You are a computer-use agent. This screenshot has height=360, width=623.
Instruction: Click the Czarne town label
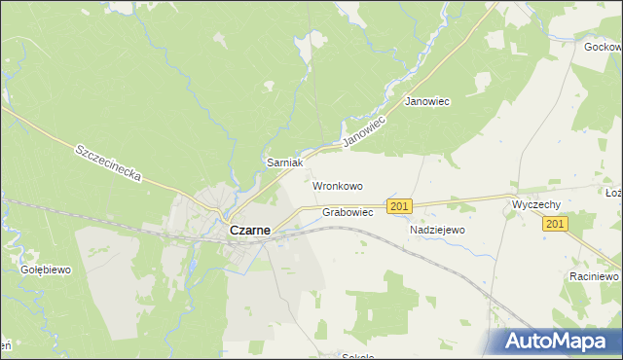point(256,232)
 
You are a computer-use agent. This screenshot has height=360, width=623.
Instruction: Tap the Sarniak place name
point(286,163)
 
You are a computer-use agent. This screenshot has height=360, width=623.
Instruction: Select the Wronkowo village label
point(337,185)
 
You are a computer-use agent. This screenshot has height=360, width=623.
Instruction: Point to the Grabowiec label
point(348,212)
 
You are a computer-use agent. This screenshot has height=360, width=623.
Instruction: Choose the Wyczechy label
point(535,205)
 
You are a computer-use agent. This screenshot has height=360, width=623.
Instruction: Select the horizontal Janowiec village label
point(426,102)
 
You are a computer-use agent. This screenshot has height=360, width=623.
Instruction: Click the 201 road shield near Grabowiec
point(399,206)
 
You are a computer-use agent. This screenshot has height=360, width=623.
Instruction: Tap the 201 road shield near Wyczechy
point(556,225)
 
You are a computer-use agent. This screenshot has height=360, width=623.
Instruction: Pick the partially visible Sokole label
point(358,356)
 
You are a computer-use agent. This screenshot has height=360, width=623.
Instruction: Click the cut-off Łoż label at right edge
point(613,193)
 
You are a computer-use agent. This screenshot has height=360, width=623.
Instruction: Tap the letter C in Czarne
point(235,232)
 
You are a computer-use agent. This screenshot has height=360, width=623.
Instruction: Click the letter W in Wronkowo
point(317,185)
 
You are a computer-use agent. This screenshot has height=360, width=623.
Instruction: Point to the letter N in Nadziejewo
point(415,230)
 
